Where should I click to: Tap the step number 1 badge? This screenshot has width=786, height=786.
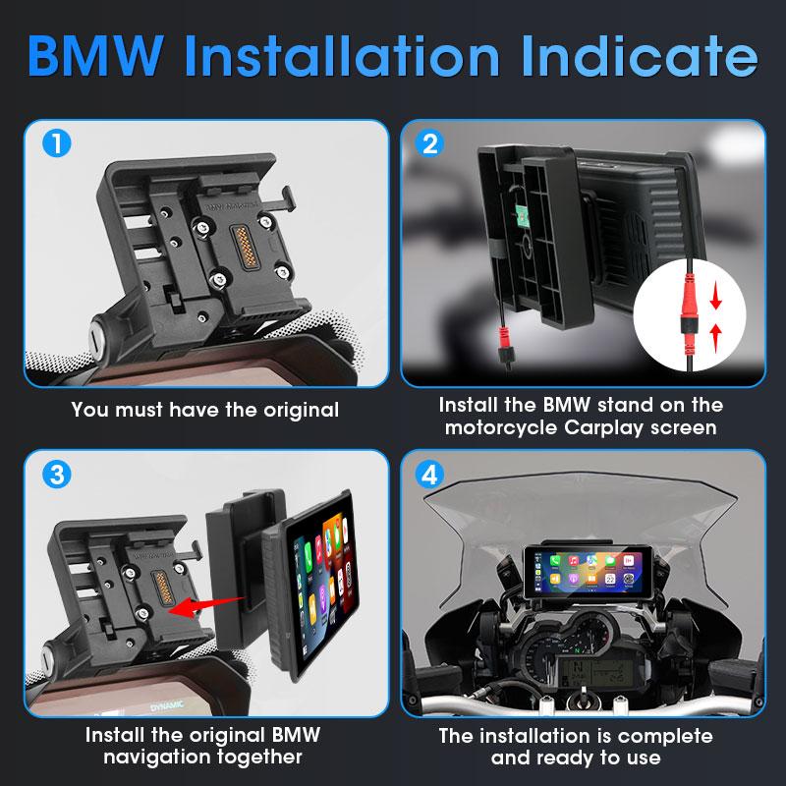click(57, 144)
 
